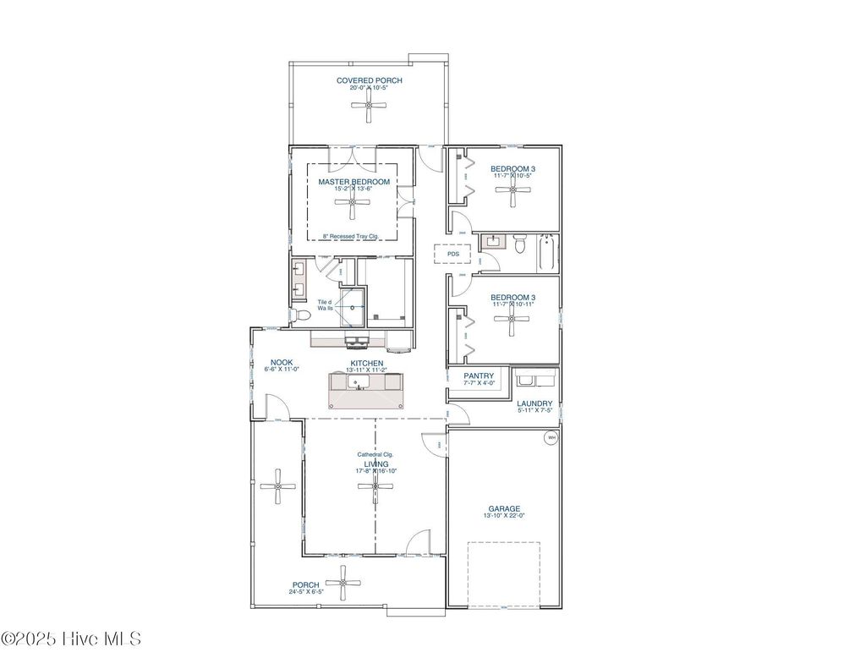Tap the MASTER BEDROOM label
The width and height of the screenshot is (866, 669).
(354, 182)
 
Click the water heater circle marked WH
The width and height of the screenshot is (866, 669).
(551, 437)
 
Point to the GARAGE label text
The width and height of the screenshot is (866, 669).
(504, 508)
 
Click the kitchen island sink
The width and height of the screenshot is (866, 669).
(359, 384)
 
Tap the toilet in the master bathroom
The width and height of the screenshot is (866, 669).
(301, 315)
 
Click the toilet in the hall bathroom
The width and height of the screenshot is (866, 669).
(520, 244)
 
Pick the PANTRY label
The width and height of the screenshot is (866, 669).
(479, 376)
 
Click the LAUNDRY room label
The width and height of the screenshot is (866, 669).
(534, 403)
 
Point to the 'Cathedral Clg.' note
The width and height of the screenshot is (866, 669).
(375, 454)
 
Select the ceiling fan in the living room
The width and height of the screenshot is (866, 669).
(375, 486)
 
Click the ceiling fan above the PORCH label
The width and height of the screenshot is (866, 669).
(343, 582)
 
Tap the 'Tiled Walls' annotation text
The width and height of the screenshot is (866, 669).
(325, 304)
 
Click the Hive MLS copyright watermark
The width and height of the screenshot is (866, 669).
(71, 639)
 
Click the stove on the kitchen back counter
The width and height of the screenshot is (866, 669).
(356, 342)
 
